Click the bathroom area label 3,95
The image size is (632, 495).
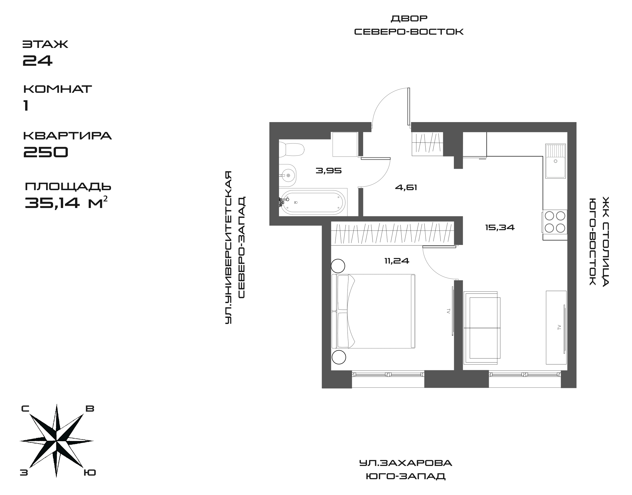pos(328,171)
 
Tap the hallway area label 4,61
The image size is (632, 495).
pos(406,188)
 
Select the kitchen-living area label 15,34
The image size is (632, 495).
pos(500,228)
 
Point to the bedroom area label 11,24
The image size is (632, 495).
pos(397,261)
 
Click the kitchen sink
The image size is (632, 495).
pos(555,161)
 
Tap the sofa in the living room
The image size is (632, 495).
pos(482,328)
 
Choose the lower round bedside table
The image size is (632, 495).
pos(338,357)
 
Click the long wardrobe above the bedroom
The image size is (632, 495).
pos(392,233)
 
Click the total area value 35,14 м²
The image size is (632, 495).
pos(68,203)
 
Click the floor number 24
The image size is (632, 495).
pos(38,60)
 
